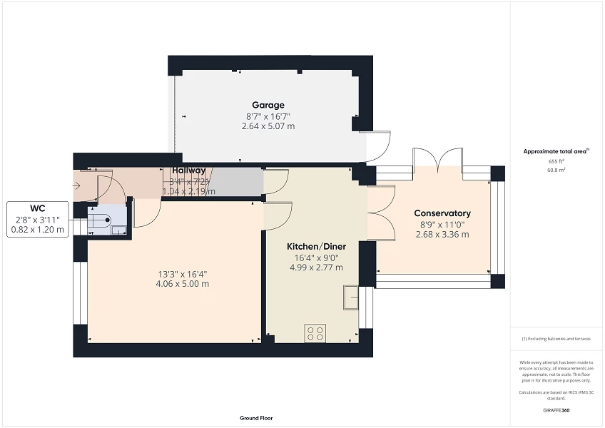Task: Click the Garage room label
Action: (268, 105)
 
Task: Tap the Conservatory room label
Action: (442, 213)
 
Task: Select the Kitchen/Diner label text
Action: (316, 247)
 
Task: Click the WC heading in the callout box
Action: (38, 208)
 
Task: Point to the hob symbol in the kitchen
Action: (315, 333)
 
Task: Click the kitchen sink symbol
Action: (350, 297)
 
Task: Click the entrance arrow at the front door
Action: (76, 186)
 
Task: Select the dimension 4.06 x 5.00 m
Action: (184, 284)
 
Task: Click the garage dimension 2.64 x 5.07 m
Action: (268, 126)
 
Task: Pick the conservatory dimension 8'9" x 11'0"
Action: (442, 224)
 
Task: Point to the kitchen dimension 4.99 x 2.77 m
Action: (316, 268)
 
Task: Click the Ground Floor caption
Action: (256, 419)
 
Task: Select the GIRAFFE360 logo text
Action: (556, 410)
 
